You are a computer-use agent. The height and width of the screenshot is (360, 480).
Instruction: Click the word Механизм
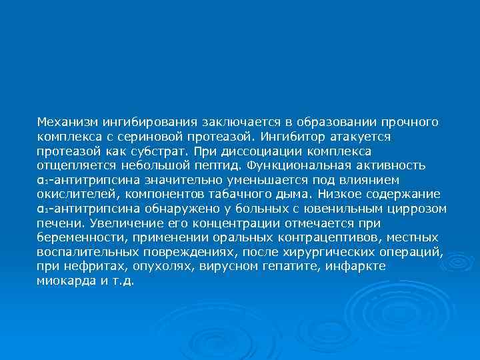[x=65, y=122]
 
